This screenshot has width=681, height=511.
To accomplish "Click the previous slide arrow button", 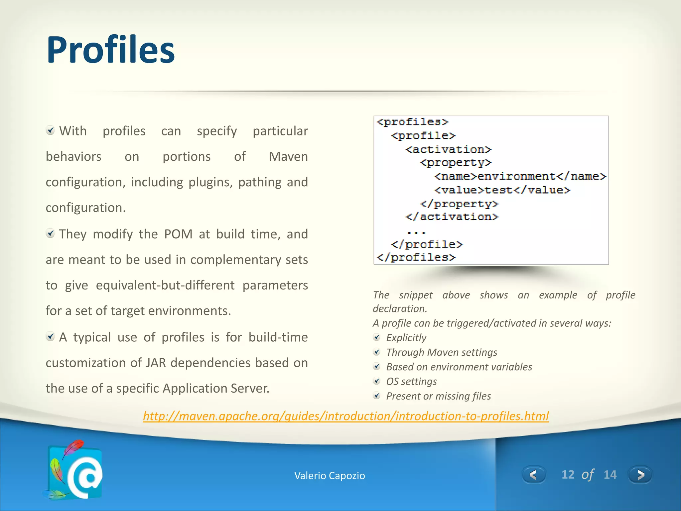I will [x=534, y=474].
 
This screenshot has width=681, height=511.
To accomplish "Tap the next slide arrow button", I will [x=640, y=474].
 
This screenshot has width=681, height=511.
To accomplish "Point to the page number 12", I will [x=568, y=474].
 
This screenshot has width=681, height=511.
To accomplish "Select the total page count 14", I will [x=610, y=474].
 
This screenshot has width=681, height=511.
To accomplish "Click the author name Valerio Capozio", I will [x=330, y=475].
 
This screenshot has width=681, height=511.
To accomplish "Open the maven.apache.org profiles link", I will [x=346, y=416].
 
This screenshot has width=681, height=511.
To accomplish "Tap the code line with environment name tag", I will [x=520, y=176].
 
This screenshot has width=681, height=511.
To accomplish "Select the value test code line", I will [x=502, y=190].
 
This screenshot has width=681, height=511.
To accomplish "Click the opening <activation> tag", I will [x=448, y=149].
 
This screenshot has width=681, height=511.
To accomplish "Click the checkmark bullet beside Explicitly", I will [x=377, y=338].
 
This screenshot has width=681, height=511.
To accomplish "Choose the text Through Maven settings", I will [x=442, y=352].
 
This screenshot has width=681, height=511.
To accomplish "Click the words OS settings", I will [x=411, y=381].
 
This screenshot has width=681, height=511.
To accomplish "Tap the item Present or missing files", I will [x=438, y=396].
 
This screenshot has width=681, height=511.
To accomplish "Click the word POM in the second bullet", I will [x=178, y=234].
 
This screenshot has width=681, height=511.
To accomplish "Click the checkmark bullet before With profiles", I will [x=50, y=130].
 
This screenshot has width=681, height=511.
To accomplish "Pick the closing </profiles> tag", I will [x=416, y=257].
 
